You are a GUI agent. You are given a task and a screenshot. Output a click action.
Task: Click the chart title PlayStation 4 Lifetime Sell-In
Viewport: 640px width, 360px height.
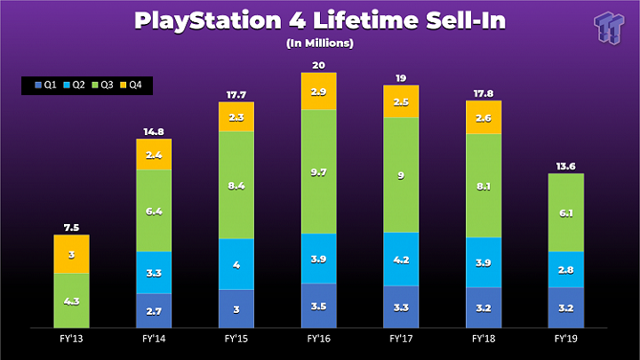[319, 20]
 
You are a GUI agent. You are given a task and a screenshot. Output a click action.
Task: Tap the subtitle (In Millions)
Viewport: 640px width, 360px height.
[319, 43]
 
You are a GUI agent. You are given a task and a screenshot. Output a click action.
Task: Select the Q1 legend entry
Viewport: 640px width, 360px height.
[45, 86]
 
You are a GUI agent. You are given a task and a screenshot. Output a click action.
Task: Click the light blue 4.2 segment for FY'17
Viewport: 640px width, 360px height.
[401, 260]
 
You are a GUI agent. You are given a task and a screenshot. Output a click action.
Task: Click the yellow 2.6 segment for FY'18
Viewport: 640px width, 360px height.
[483, 117]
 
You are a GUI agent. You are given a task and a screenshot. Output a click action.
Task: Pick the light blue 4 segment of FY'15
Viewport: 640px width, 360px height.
[236, 264]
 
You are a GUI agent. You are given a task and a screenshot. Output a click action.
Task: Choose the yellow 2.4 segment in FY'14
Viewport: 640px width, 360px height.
[154, 155]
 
